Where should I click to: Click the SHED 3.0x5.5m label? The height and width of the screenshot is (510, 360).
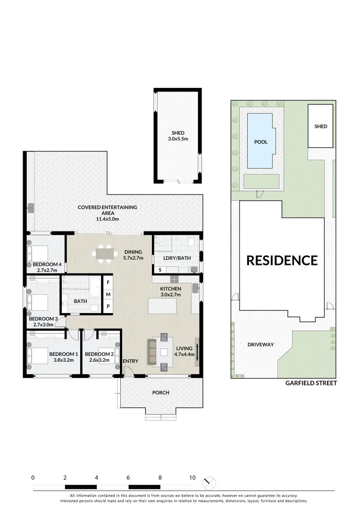coord(177,136)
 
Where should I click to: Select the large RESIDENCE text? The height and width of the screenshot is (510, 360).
coord(282,260)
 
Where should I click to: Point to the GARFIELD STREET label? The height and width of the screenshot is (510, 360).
coord(311,383)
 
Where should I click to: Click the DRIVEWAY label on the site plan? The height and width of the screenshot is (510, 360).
coord(260,344)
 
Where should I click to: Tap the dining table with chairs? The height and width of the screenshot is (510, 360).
coord(106,254)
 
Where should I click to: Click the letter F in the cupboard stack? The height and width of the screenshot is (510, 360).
coord(108,282)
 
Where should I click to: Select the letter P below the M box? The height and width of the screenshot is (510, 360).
coord(108,306)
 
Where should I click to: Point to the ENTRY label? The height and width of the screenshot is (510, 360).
coord(131,361)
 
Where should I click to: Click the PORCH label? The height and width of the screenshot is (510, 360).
coord(161,392)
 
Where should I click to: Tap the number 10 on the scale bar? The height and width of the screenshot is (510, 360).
coord(192,477)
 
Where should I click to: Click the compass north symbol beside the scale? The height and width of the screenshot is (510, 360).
coord(209,483)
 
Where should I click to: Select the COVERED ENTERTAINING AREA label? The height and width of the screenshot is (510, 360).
coord(107,210)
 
